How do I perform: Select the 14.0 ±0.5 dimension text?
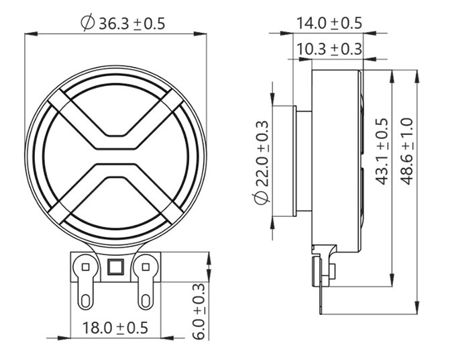329,23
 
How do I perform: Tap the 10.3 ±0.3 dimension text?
329,49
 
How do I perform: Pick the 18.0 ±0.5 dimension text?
114,328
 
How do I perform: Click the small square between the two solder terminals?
113,268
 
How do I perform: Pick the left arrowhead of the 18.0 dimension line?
74,337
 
